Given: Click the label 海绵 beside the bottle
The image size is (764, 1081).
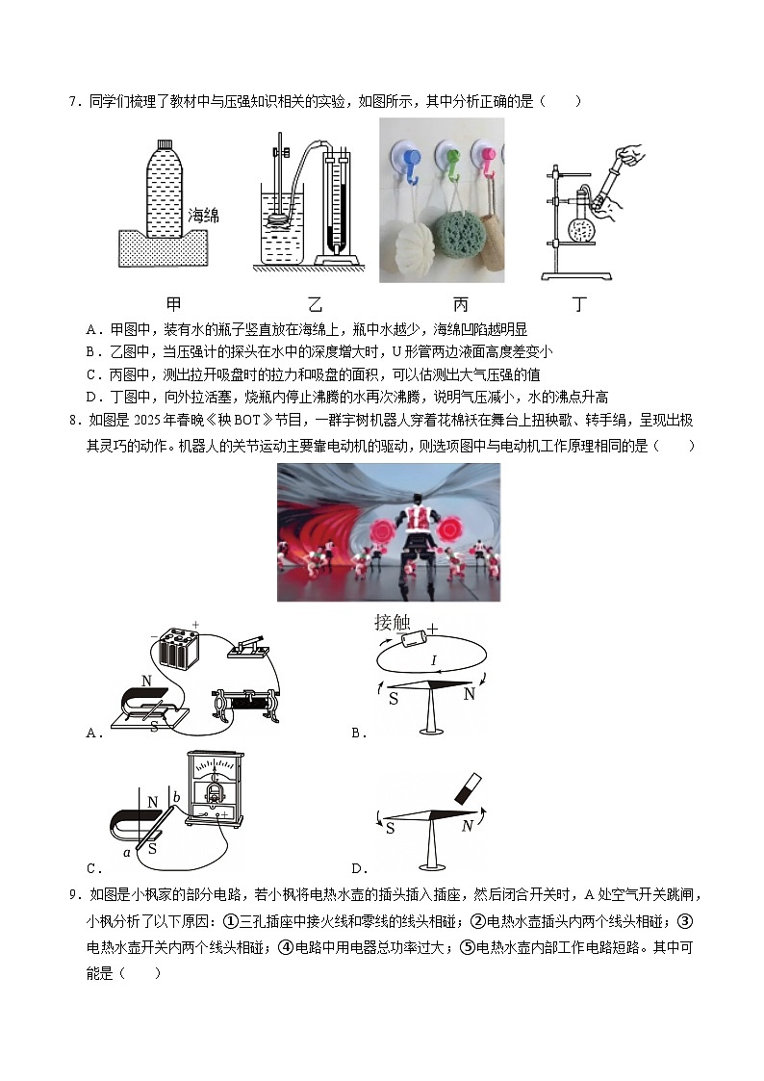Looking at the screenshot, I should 203,216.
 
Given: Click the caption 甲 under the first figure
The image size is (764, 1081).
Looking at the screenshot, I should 173,305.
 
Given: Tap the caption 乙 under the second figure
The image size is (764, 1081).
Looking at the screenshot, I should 315,305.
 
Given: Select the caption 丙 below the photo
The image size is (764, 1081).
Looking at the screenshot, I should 460,305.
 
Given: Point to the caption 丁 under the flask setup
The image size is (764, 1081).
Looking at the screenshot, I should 579,305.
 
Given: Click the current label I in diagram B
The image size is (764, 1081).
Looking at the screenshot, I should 434,660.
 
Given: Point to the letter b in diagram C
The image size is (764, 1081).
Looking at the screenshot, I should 176,796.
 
